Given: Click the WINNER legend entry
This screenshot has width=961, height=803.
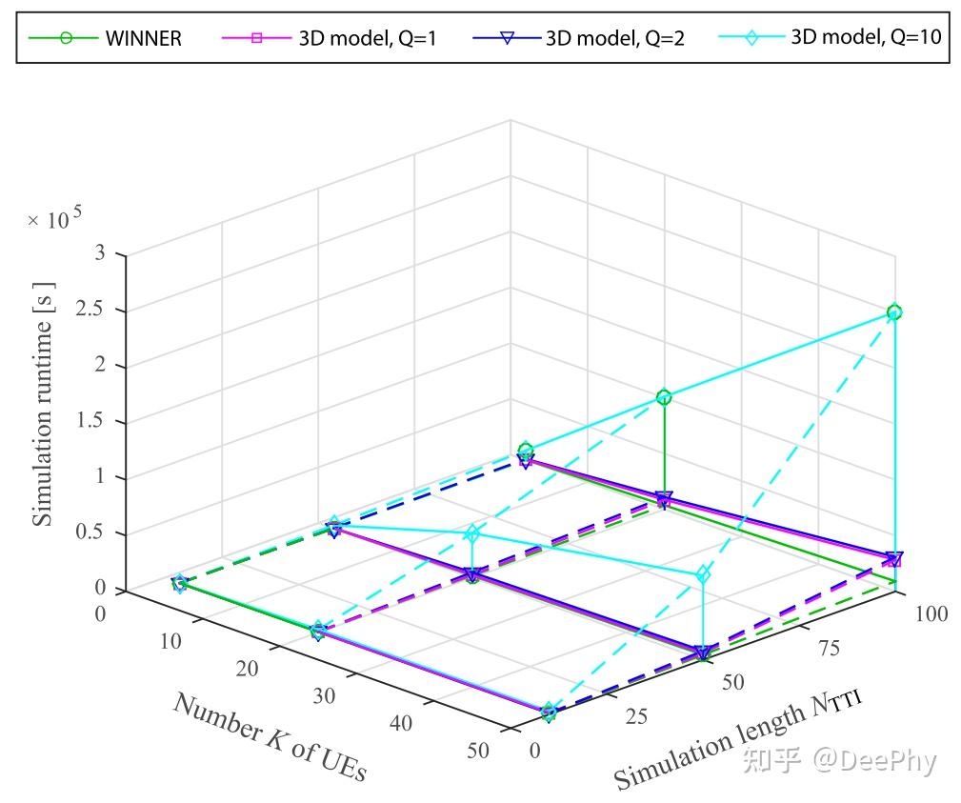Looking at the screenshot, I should point(143,39).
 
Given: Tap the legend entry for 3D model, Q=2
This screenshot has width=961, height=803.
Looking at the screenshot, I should point(615,39).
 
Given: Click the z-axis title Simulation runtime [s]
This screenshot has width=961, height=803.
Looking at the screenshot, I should point(43,404).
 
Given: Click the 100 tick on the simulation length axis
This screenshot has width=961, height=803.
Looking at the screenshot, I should point(930,613).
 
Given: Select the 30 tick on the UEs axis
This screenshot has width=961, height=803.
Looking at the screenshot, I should point(324,695).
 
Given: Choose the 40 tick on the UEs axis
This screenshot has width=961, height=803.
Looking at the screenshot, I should point(401,723).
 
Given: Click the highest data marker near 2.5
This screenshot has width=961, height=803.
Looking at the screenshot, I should point(894,312).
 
